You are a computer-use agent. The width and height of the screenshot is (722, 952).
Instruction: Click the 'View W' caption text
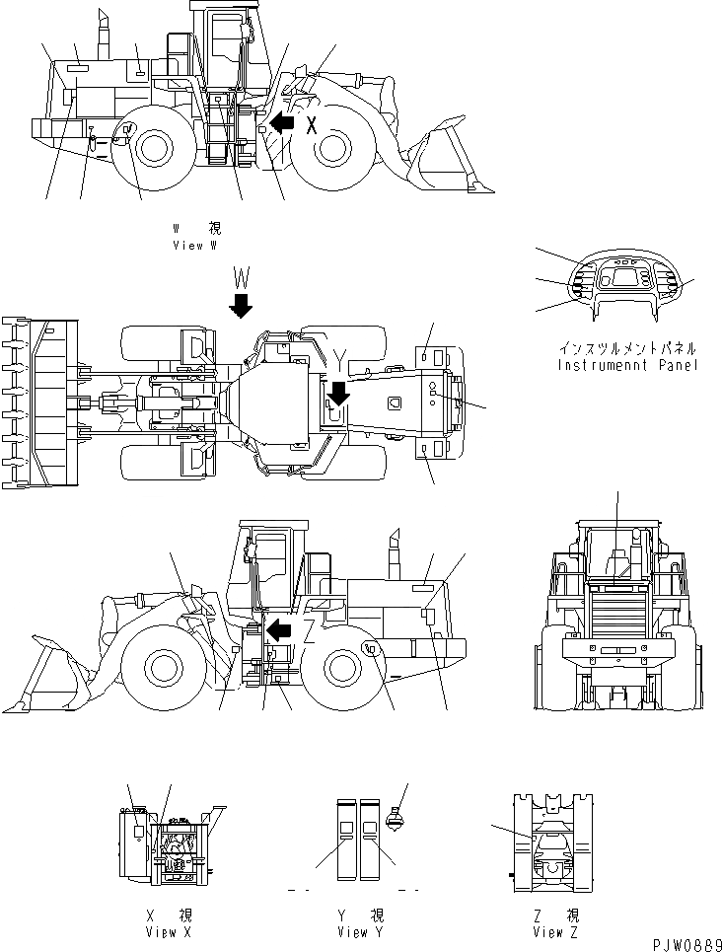[194, 245]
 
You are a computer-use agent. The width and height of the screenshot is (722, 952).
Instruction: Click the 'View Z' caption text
[555, 931]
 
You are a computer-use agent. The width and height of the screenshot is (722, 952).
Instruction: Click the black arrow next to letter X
[283, 123]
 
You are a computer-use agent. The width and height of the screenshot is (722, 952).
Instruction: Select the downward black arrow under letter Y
[338, 393]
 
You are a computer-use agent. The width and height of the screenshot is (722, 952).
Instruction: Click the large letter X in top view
[312, 125]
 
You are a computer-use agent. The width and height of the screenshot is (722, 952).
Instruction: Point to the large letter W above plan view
[240, 273]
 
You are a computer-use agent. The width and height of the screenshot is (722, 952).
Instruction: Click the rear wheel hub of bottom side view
[342, 668]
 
